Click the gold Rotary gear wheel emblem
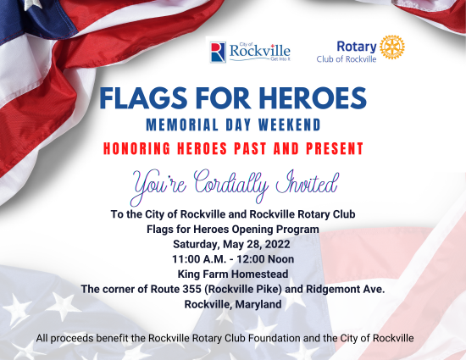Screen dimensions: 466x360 [392, 47]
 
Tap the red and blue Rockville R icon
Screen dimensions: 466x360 [218, 53]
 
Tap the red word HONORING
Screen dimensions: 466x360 [137, 148]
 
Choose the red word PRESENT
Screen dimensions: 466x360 [335, 148]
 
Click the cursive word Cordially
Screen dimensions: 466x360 [231, 184]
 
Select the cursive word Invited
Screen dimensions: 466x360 [308, 182]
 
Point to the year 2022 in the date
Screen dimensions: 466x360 [277, 244]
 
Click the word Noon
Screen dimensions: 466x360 [280, 259]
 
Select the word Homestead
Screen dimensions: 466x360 [260, 274]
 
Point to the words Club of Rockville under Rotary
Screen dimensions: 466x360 [347, 59]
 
